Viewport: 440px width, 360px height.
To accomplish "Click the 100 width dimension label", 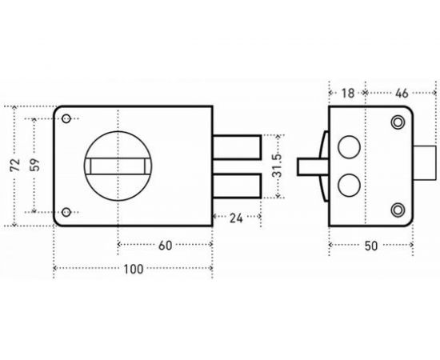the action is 134,269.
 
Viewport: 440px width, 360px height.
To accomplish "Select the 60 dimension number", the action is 165,246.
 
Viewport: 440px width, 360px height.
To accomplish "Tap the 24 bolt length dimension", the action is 236,218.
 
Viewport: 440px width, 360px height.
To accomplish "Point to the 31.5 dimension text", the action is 277,166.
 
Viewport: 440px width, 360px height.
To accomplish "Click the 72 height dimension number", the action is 15,165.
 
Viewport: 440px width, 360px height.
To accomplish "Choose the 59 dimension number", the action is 34,165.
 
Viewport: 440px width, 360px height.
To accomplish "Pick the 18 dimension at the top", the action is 348,94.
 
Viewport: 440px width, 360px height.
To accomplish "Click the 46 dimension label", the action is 402,94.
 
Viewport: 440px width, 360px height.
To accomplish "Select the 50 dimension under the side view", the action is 371,246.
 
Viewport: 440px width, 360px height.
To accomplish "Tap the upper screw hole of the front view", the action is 66,118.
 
